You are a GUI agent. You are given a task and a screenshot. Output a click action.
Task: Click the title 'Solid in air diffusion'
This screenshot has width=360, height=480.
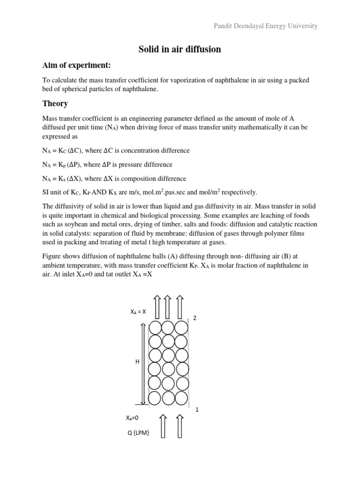(x=180, y=49)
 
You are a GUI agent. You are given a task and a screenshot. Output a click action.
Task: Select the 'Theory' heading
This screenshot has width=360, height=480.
(x=55, y=103)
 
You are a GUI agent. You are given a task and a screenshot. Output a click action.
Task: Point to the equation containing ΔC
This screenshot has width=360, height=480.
(x=116, y=150)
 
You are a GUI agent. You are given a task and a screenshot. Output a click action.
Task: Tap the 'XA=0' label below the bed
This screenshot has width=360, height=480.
(x=133, y=417)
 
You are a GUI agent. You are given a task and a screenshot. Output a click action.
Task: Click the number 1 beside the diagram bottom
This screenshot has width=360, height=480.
(x=197, y=409)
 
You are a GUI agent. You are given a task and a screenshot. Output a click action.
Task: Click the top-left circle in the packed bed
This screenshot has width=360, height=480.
(x=156, y=327)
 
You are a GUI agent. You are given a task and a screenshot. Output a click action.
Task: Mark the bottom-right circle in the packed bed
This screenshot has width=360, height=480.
(x=182, y=398)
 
